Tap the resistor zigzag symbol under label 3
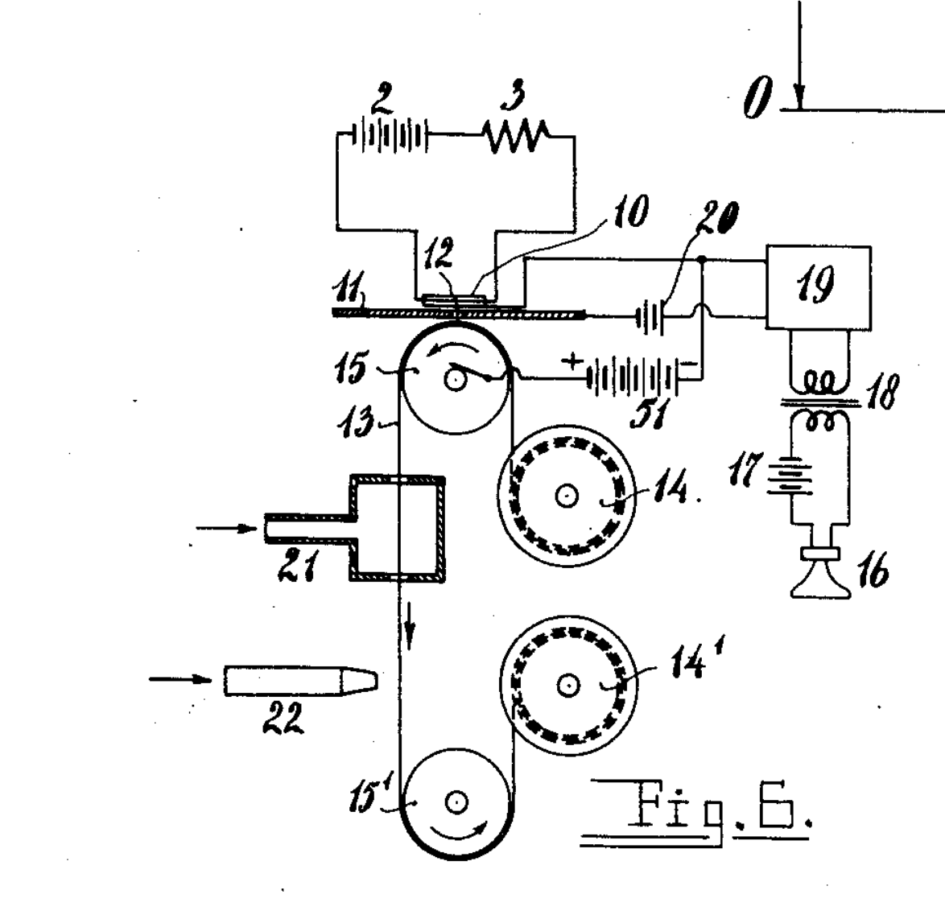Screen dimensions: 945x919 click(x=517, y=137)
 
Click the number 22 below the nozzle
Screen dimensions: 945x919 click(x=283, y=719)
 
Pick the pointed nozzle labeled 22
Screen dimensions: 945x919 click(x=301, y=681)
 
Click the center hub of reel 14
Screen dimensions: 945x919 click(x=567, y=496)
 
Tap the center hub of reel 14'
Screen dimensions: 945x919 click(x=567, y=685)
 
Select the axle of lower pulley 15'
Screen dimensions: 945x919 click(x=456, y=802)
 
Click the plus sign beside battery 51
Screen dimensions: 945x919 click(x=572, y=361)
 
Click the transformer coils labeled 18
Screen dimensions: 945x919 click(x=819, y=400)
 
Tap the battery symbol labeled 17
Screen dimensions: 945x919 click(x=790, y=476)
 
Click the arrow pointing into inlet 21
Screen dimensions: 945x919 click(x=227, y=529)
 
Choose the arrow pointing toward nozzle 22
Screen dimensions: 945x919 click(x=180, y=679)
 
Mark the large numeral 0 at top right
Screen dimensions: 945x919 click(x=757, y=97)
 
